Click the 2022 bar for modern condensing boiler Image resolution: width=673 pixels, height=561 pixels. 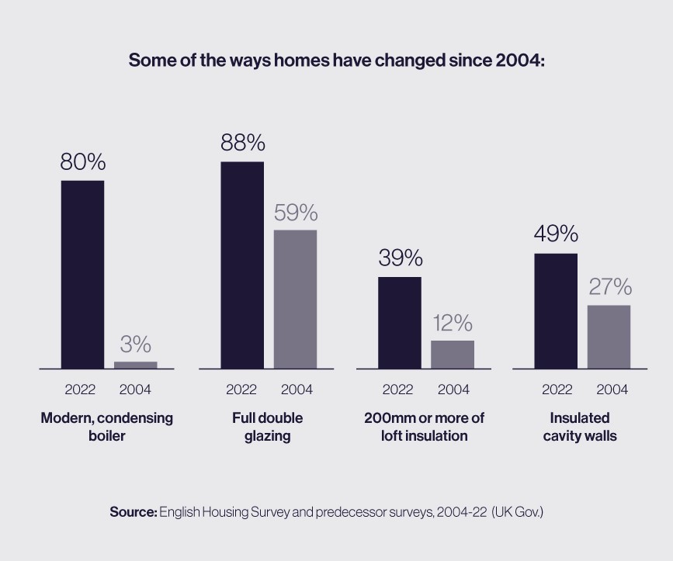82,275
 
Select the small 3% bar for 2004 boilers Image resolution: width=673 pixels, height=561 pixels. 136,365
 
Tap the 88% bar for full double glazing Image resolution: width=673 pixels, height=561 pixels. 242,265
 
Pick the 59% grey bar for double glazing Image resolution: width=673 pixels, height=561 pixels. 295,300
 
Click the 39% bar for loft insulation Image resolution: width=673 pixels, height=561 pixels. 400,323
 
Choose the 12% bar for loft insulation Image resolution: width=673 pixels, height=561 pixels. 453,355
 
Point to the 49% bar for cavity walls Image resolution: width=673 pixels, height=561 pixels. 556,311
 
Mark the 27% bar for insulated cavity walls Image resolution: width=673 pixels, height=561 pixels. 609,337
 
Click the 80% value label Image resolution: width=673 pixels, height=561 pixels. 83,162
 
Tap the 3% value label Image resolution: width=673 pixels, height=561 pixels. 136,344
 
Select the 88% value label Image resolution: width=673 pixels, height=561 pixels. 243,143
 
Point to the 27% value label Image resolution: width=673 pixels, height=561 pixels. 610,286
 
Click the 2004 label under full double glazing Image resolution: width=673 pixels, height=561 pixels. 297,390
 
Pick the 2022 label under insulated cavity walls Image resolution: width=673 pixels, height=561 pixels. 557,390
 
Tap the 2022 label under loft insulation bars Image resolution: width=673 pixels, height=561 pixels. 398,390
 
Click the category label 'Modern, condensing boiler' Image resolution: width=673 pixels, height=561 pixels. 107,427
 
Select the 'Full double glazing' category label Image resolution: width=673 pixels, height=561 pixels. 267,427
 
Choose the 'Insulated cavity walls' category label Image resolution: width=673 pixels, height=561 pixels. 580,427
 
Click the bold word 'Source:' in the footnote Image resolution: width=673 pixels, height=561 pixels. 134,511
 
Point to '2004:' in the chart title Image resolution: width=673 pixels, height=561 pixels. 520,60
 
